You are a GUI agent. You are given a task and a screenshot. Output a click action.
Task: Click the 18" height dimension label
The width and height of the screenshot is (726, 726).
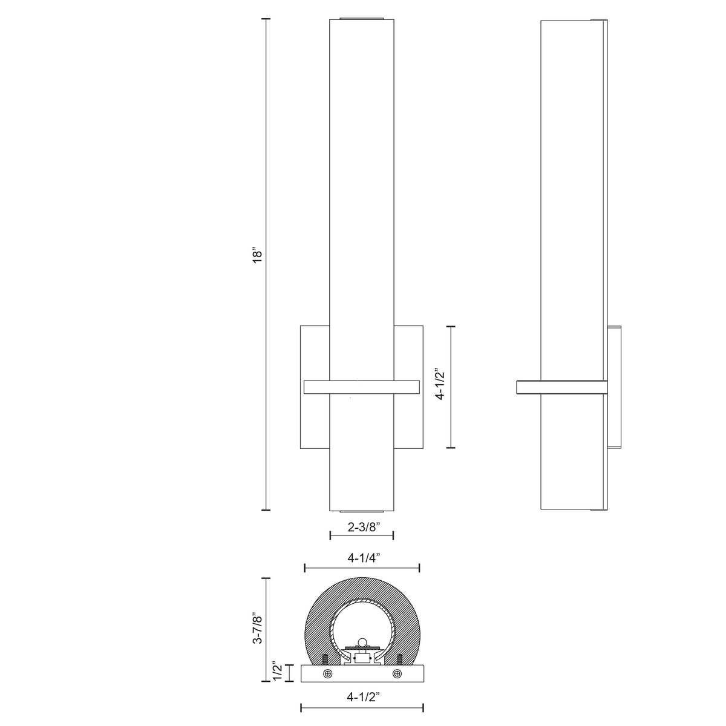257,255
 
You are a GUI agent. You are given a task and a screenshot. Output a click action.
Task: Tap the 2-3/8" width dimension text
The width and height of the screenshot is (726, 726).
362,527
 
